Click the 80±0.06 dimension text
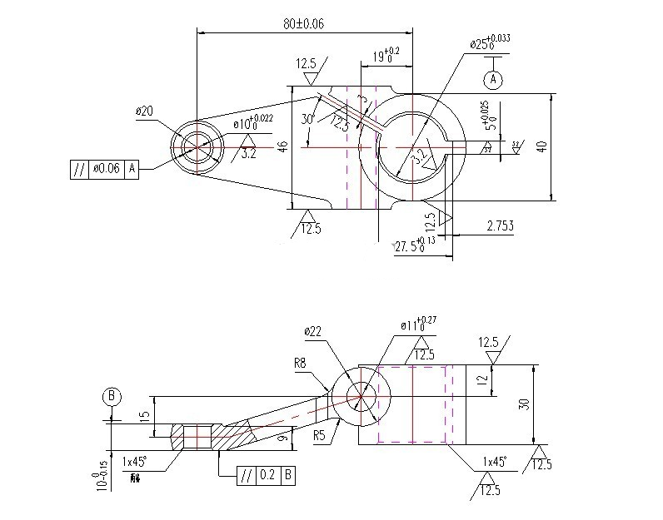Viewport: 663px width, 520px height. (303, 24)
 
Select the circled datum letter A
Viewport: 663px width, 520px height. (493, 79)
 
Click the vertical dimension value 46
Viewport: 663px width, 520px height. (283, 146)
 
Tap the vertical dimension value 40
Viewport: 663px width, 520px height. (542, 146)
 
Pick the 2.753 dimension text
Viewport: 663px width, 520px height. (500, 225)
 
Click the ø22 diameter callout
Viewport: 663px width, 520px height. (314, 331)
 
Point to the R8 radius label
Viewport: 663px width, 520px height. (302, 364)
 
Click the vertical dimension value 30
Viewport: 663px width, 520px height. (524, 404)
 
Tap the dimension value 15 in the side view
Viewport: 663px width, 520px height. (143, 415)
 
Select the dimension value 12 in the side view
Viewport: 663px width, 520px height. (482, 379)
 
